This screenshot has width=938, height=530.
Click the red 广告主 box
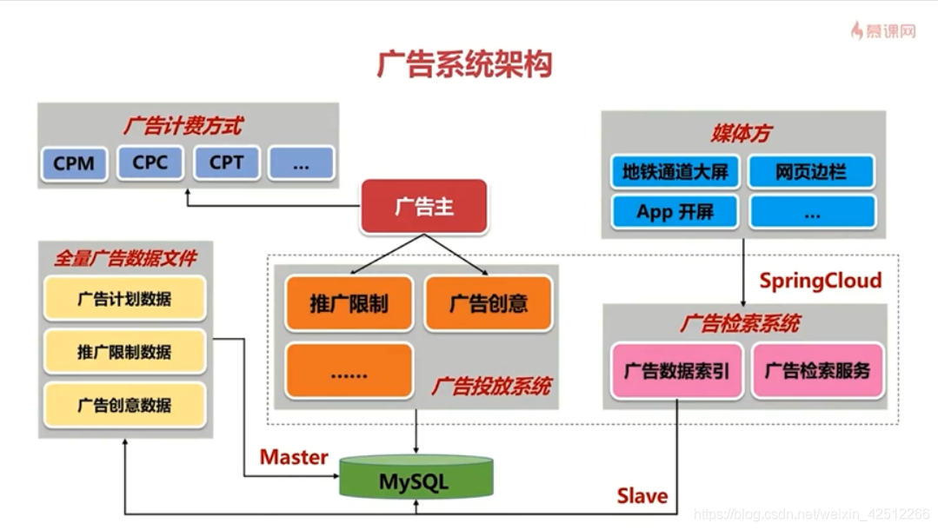424,207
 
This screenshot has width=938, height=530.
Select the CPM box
74,163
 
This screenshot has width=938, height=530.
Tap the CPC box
150,163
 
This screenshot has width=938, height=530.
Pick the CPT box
225,163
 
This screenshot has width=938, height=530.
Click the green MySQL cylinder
414,479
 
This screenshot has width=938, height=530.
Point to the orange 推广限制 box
349,303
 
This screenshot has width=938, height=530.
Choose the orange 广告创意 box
488,303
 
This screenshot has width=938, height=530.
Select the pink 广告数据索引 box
676,371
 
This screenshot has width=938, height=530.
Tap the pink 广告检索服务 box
817,371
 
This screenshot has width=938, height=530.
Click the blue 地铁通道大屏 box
675,172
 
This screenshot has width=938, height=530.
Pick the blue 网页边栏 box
811,172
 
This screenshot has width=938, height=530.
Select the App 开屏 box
675,212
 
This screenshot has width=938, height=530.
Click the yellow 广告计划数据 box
124,299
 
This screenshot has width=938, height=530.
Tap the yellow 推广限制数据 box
124,352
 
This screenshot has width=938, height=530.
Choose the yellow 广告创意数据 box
124,405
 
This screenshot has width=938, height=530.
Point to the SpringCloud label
820,281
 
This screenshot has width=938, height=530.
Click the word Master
294,457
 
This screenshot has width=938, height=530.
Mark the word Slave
642,496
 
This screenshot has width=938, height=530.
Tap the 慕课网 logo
883,31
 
